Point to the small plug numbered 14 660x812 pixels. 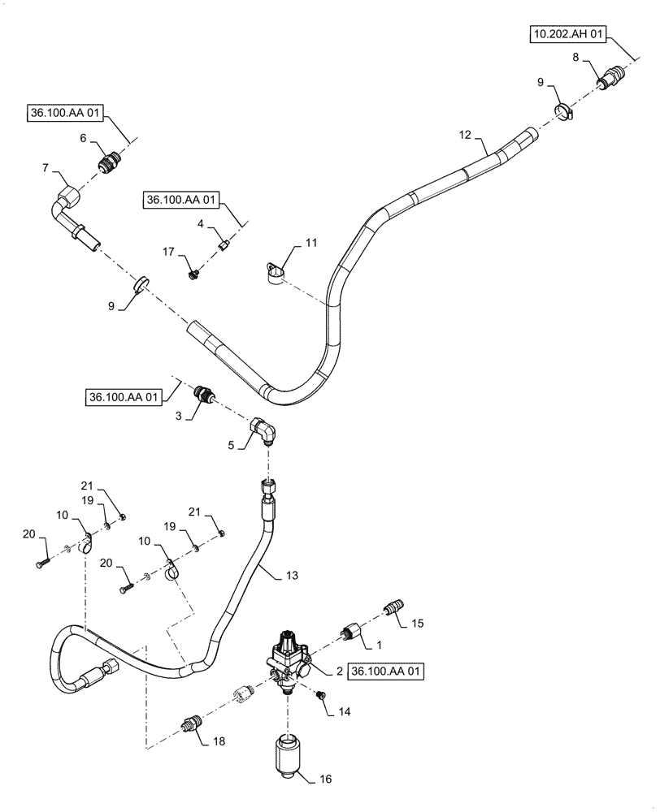pos(321,696)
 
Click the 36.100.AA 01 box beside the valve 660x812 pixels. pos(385,672)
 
